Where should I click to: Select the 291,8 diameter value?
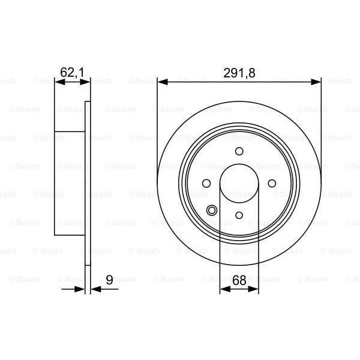pyautogui.click(x=239, y=73)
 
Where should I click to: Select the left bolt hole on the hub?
pyautogui.click(x=206, y=183)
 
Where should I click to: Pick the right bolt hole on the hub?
pyautogui.click(x=272, y=183)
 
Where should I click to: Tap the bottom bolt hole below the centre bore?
pyautogui.click(x=239, y=215)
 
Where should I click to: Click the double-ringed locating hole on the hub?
pyautogui.click(x=212, y=210)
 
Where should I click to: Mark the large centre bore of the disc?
pyautogui.click(x=239, y=183)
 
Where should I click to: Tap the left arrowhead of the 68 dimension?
pyautogui.click(x=224, y=289)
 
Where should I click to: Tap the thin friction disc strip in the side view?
pyautogui.click(x=88, y=183)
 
